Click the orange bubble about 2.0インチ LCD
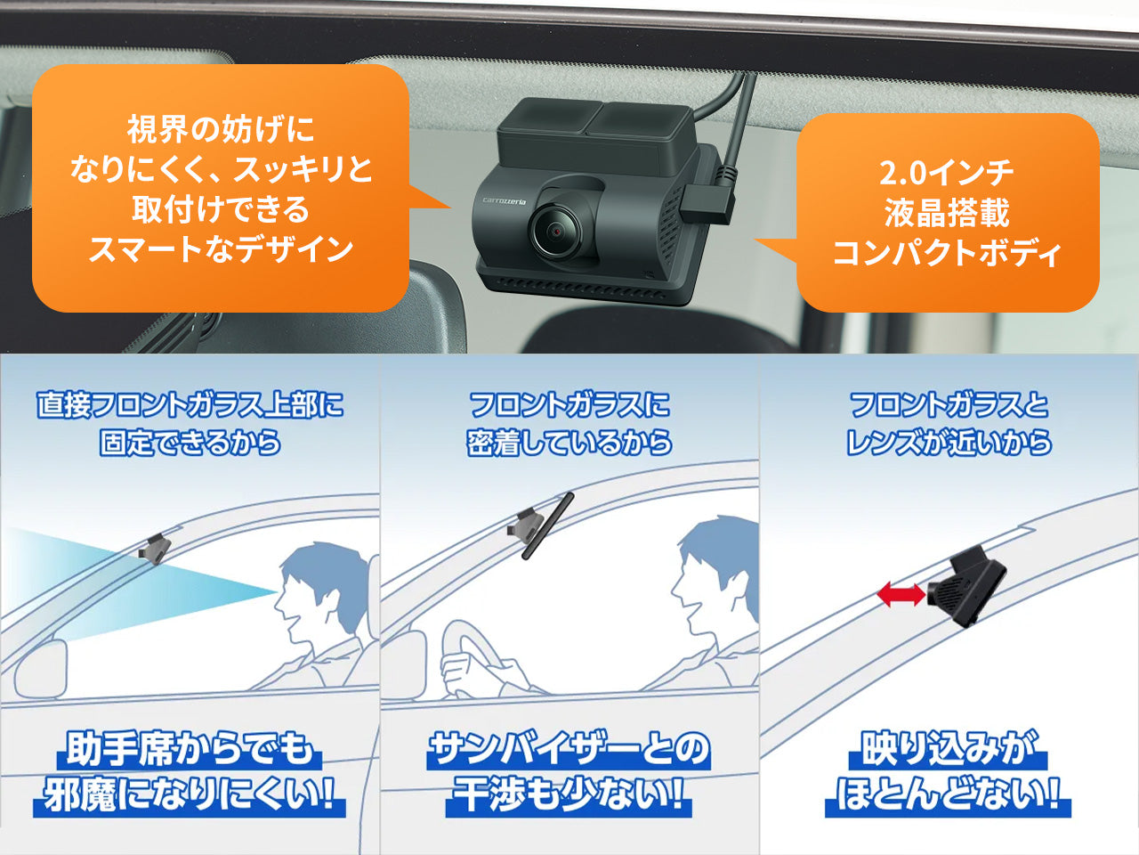pos(947,213)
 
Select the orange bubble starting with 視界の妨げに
pos(220,188)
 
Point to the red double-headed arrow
pos(901,595)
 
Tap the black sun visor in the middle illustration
pos(547,525)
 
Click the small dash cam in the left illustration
pos(156,546)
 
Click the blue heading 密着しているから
pos(569,443)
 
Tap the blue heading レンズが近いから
pos(949,443)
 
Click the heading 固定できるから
pos(190,443)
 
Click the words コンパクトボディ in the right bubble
pos(947,254)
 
